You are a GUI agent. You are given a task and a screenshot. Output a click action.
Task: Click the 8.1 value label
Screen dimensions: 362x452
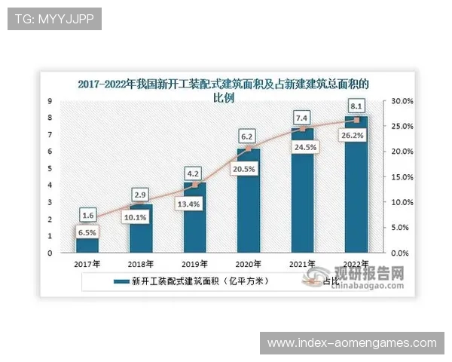(356, 106)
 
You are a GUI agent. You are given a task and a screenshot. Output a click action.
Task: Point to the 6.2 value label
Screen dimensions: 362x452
(249, 137)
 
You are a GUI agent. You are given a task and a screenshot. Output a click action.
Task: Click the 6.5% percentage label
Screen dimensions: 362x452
(87, 233)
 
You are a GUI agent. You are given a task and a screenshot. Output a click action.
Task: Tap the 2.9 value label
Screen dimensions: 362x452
(141, 195)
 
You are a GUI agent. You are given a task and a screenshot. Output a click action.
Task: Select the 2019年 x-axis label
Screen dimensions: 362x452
(195, 264)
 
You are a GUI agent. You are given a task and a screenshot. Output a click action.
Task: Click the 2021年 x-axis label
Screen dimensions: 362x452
(302, 264)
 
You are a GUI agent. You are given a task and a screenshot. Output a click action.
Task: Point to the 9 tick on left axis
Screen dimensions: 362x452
(50, 101)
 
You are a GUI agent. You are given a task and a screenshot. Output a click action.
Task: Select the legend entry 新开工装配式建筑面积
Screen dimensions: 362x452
(192, 282)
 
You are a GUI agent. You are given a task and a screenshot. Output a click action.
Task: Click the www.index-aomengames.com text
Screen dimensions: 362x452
(352, 343)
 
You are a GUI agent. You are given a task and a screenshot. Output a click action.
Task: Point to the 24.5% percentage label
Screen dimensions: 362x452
(301, 148)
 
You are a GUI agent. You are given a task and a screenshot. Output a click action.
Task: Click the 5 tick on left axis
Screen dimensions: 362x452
(50, 168)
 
